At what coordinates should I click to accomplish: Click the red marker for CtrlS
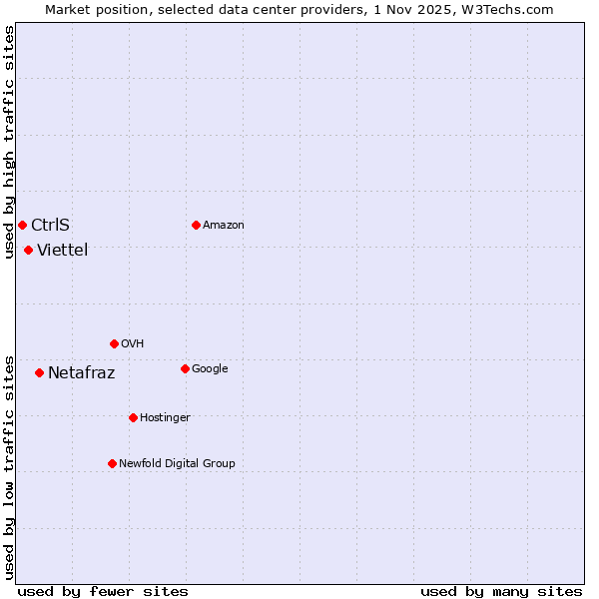coord(22,225)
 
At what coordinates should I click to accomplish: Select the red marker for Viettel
coord(28,250)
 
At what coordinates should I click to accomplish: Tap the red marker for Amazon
coord(196,225)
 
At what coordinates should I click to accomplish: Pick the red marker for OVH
coord(114,343)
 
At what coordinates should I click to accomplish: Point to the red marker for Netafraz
coord(39,372)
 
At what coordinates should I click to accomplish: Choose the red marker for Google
coord(185,368)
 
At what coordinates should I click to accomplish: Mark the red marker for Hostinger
coord(133,417)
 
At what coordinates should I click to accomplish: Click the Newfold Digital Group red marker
coord(112,463)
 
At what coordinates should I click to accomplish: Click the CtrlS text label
coord(50,225)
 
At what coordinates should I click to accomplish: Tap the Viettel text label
coord(62,250)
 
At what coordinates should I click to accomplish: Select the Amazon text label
coord(223,225)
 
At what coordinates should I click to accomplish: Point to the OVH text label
coord(132,343)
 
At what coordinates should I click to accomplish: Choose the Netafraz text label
coord(81,373)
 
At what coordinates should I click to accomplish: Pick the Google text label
coord(210,368)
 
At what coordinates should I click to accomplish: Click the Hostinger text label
coord(165,417)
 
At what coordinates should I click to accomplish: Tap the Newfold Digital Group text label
coord(177,463)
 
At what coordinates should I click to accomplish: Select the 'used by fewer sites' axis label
coord(103,591)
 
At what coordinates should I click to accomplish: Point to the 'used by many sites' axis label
coord(501,591)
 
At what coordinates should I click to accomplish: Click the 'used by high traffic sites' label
coord(9,142)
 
